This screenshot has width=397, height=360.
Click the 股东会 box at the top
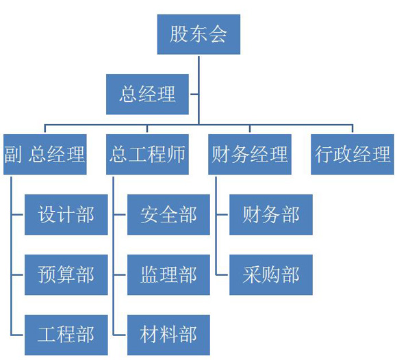[x=198, y=34]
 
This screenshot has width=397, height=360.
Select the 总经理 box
[x=147, y=94]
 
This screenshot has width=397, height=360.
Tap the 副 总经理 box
[x=44, y=154]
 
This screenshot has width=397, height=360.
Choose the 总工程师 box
[x=147, y=154]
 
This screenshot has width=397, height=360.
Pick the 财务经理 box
[x=250, y=154]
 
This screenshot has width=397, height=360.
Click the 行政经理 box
[x=353, y=154]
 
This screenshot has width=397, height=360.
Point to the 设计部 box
[x=66, y=214]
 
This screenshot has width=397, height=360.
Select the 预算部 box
[x=66, y=274]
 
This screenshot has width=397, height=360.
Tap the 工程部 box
[x=66, y=335]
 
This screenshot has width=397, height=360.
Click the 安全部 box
[x=168, y=214]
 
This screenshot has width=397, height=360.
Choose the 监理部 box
[x=168, y=274]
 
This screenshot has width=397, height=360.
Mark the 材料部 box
[x=168, y=335]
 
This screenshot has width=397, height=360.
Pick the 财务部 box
[x=271, y=214]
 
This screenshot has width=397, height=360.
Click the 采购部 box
[x=271, y=274]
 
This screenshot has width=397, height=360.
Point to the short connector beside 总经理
[x=194, y=94]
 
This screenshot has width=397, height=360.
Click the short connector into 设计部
[x=17, y=215]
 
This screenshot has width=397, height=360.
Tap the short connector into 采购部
[x=222, y=274]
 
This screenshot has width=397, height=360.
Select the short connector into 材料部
[x=120, y=335]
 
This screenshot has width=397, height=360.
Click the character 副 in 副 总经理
[x=12, y=154]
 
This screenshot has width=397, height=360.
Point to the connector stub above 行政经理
[x=353, y=128]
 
